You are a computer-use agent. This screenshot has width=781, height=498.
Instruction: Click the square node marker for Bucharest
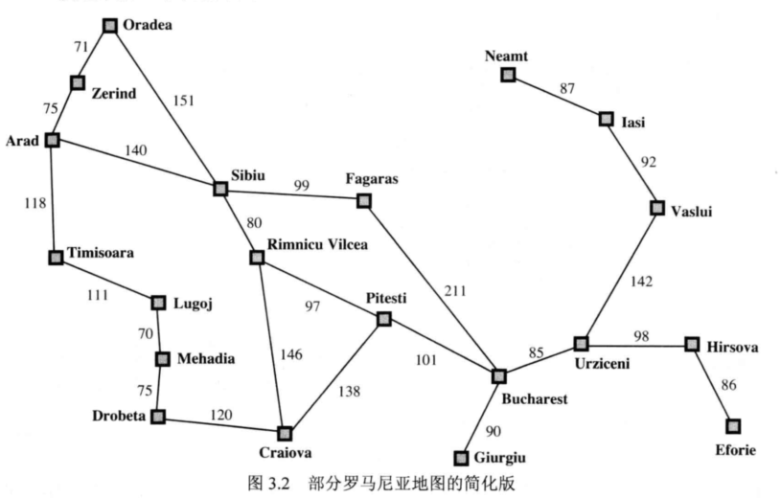pyautogui.click(x=498, y=377)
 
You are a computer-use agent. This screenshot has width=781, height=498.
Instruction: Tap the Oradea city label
pyautogui.click(x=146, y=26)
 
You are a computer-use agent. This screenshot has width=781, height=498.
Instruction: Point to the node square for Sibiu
pyautogui.click(x=219, y=189)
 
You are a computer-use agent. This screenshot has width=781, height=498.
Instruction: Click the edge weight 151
pyautogui.click(x=181, y=99)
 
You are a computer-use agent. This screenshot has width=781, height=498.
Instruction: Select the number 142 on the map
pyautogui.click(x=642, y=281)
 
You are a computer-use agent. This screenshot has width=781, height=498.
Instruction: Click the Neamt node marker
pyautogui.click(x=508, y=74)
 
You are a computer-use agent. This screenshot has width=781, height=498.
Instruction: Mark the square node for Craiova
pyautogui.click(x=284, y=433)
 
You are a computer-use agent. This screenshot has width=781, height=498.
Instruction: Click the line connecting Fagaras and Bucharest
pyautogui.click(x=431, y=288)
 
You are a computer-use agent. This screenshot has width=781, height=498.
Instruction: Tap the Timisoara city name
pyautogui.click(x=102, y=254)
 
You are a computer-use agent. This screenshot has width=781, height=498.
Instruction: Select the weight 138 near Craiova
pyautogui.click(x=351, y=391)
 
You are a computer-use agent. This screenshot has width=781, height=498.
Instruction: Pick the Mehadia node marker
pyautogui.click(x=162, y=359)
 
